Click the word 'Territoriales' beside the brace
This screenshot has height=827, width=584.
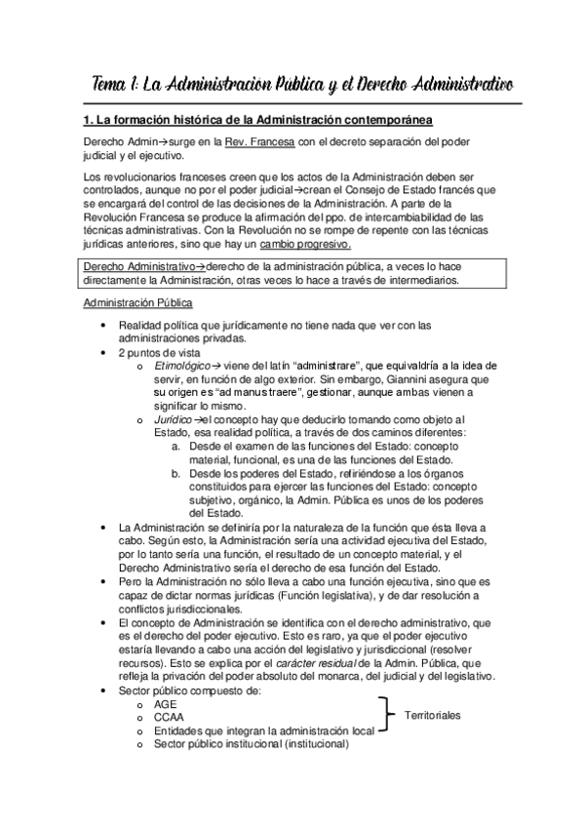433,716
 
